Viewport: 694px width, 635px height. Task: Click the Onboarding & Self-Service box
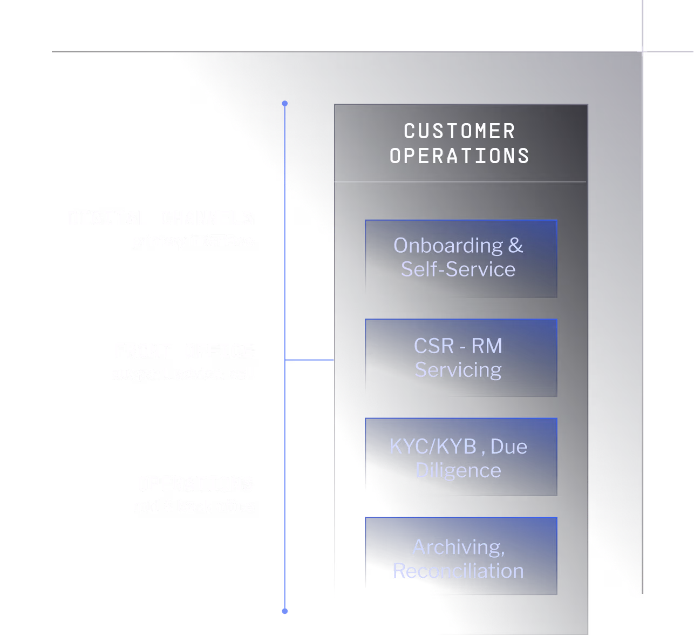pyautogui.click(x=461, y=258)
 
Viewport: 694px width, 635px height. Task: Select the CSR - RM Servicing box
pyautogui.click(x=461, y=357)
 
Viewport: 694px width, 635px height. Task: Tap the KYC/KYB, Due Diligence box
pyautogui.click(x=461, y=457)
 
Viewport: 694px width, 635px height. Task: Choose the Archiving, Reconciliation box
pyautogui.click(x=461, y=556)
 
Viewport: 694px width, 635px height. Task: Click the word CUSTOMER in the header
pyautogui.click(x=460, y=131)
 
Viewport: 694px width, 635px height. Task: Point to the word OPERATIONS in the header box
pyautogui.click(x=460, y=156)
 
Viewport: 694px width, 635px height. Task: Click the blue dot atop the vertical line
pyautogui.click(x=285, y=103)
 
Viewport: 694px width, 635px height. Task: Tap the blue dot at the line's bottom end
pyautogui.click(x=285, y=611)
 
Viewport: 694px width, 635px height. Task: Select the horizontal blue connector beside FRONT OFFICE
pyautogui.click(x=309, y=360)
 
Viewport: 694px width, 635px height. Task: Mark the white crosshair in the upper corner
pyautogui.click(x=642, y=51)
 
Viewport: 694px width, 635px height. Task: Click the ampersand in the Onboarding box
pyautogui.click(x=515, y=246)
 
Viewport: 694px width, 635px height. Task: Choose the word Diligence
pyautogui.click(x=458, y=470)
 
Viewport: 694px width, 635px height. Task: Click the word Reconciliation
pyautogui.click(x=458, y=571)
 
